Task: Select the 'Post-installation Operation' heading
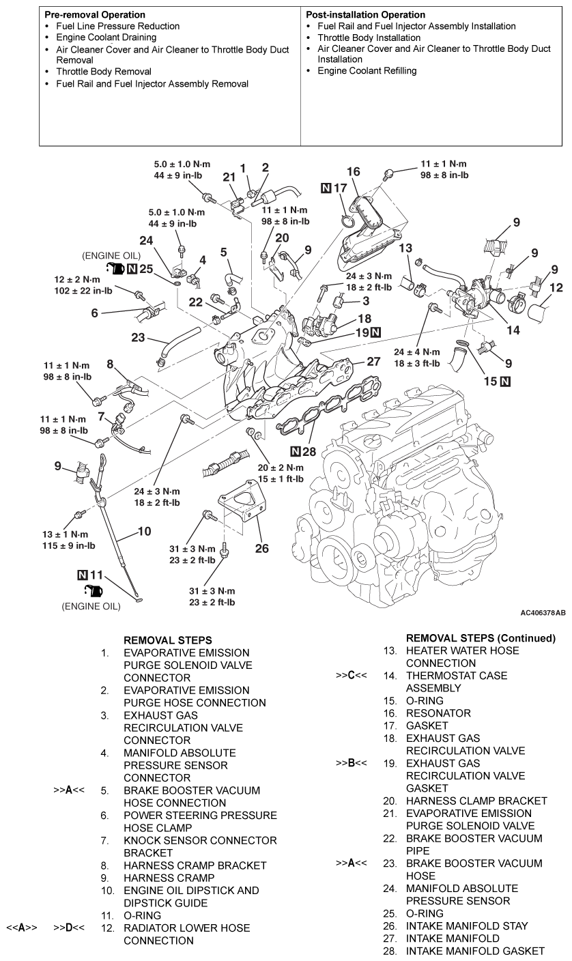point(366,14)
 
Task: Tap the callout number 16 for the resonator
point(352,172)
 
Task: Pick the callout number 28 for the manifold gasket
point(310,451)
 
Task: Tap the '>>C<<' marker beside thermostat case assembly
point(352,676)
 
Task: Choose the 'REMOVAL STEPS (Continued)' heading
point(481,638)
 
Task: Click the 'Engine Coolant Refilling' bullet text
point(367,70)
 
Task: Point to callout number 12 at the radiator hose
point(557,288)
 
